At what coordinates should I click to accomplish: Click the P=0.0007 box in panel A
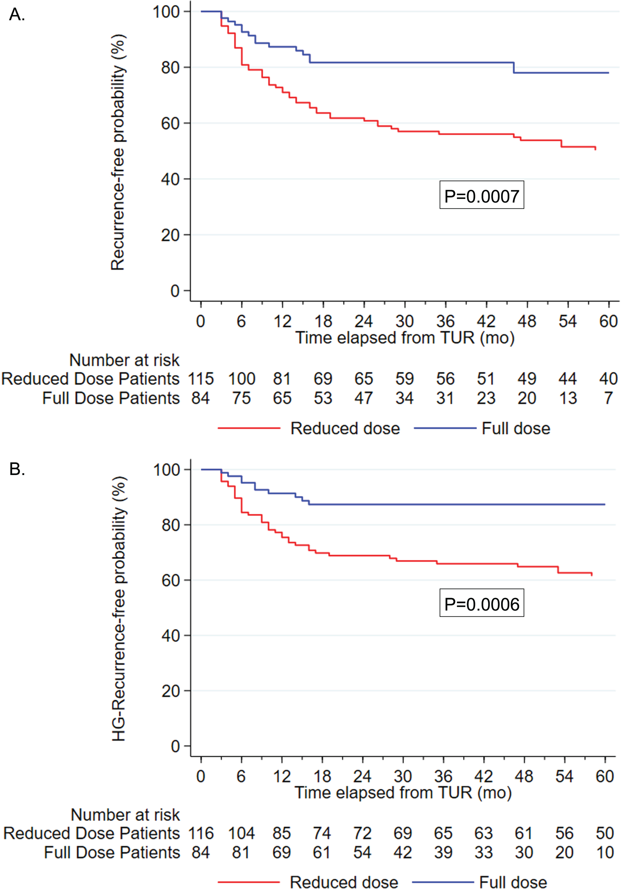481,195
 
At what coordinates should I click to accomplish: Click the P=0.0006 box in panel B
481,603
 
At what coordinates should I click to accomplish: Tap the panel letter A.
17,15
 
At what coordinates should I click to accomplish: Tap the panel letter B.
17,469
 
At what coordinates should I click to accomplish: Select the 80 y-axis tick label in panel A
170,68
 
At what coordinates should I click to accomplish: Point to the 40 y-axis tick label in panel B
171,636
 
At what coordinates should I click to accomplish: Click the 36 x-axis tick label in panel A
446,321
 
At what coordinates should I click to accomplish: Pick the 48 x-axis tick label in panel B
524,776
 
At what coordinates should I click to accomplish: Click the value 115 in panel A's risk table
201,379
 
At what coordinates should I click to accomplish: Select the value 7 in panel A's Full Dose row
608,398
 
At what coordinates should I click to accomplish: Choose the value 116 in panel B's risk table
201,833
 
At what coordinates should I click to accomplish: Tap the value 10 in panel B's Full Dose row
605,852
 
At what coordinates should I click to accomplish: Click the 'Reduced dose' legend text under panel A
345,429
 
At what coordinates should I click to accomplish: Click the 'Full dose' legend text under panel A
516,429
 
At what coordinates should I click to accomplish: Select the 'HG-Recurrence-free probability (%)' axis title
119,609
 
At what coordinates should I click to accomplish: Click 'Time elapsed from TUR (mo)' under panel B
403,793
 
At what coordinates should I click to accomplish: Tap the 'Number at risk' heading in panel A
125,360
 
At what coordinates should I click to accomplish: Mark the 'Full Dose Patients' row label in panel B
112,852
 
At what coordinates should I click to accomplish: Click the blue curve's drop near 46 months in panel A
514,67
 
